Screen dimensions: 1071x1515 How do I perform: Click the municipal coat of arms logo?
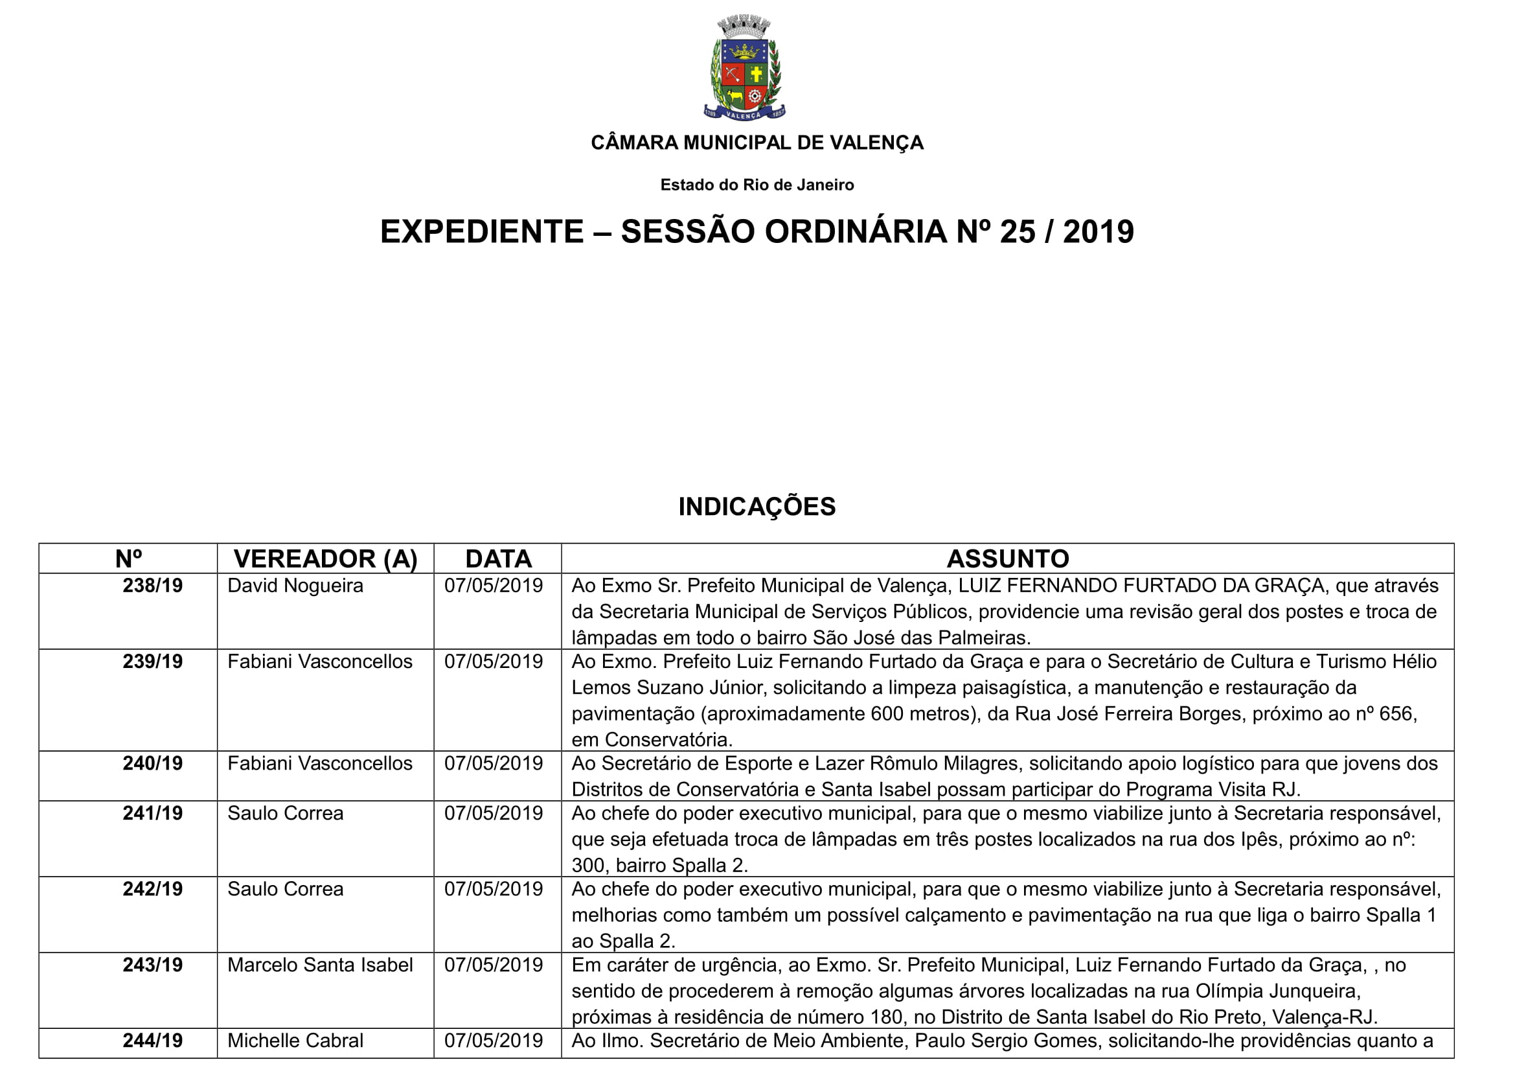tap(744, 68)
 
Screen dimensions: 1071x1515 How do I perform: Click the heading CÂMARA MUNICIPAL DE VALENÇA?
tap(757, 143)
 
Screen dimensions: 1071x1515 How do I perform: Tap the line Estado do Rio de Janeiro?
tap(757, 185)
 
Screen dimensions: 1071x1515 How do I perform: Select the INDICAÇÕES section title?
tap(757, 506)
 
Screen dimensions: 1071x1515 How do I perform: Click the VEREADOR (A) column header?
tap(325, 559)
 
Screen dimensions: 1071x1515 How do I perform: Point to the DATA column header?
tap(498, 559)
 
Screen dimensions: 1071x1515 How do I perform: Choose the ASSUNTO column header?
tap(1008, 559)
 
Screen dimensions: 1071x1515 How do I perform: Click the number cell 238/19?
tap(152, 585)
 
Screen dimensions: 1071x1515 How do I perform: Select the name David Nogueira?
tap(295, 585)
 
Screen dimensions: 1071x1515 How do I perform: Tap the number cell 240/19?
tap(152, 763)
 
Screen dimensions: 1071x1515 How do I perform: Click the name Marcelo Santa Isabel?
tap(320, 965)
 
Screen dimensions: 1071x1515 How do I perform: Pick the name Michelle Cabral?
tap(295, 1041)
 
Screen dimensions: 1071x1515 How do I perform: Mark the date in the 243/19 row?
tap(493, 965)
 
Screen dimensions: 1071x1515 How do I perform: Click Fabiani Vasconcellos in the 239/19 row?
tap(320, 662)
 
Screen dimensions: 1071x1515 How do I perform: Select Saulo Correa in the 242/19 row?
tap(285, 889)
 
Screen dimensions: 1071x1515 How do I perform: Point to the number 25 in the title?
tap(1017, 231)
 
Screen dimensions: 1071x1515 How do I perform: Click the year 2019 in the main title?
tap(1098, 231)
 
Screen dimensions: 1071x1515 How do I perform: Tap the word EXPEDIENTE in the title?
tap(482, 231)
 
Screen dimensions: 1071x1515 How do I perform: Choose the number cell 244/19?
tap(152, 1041)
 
